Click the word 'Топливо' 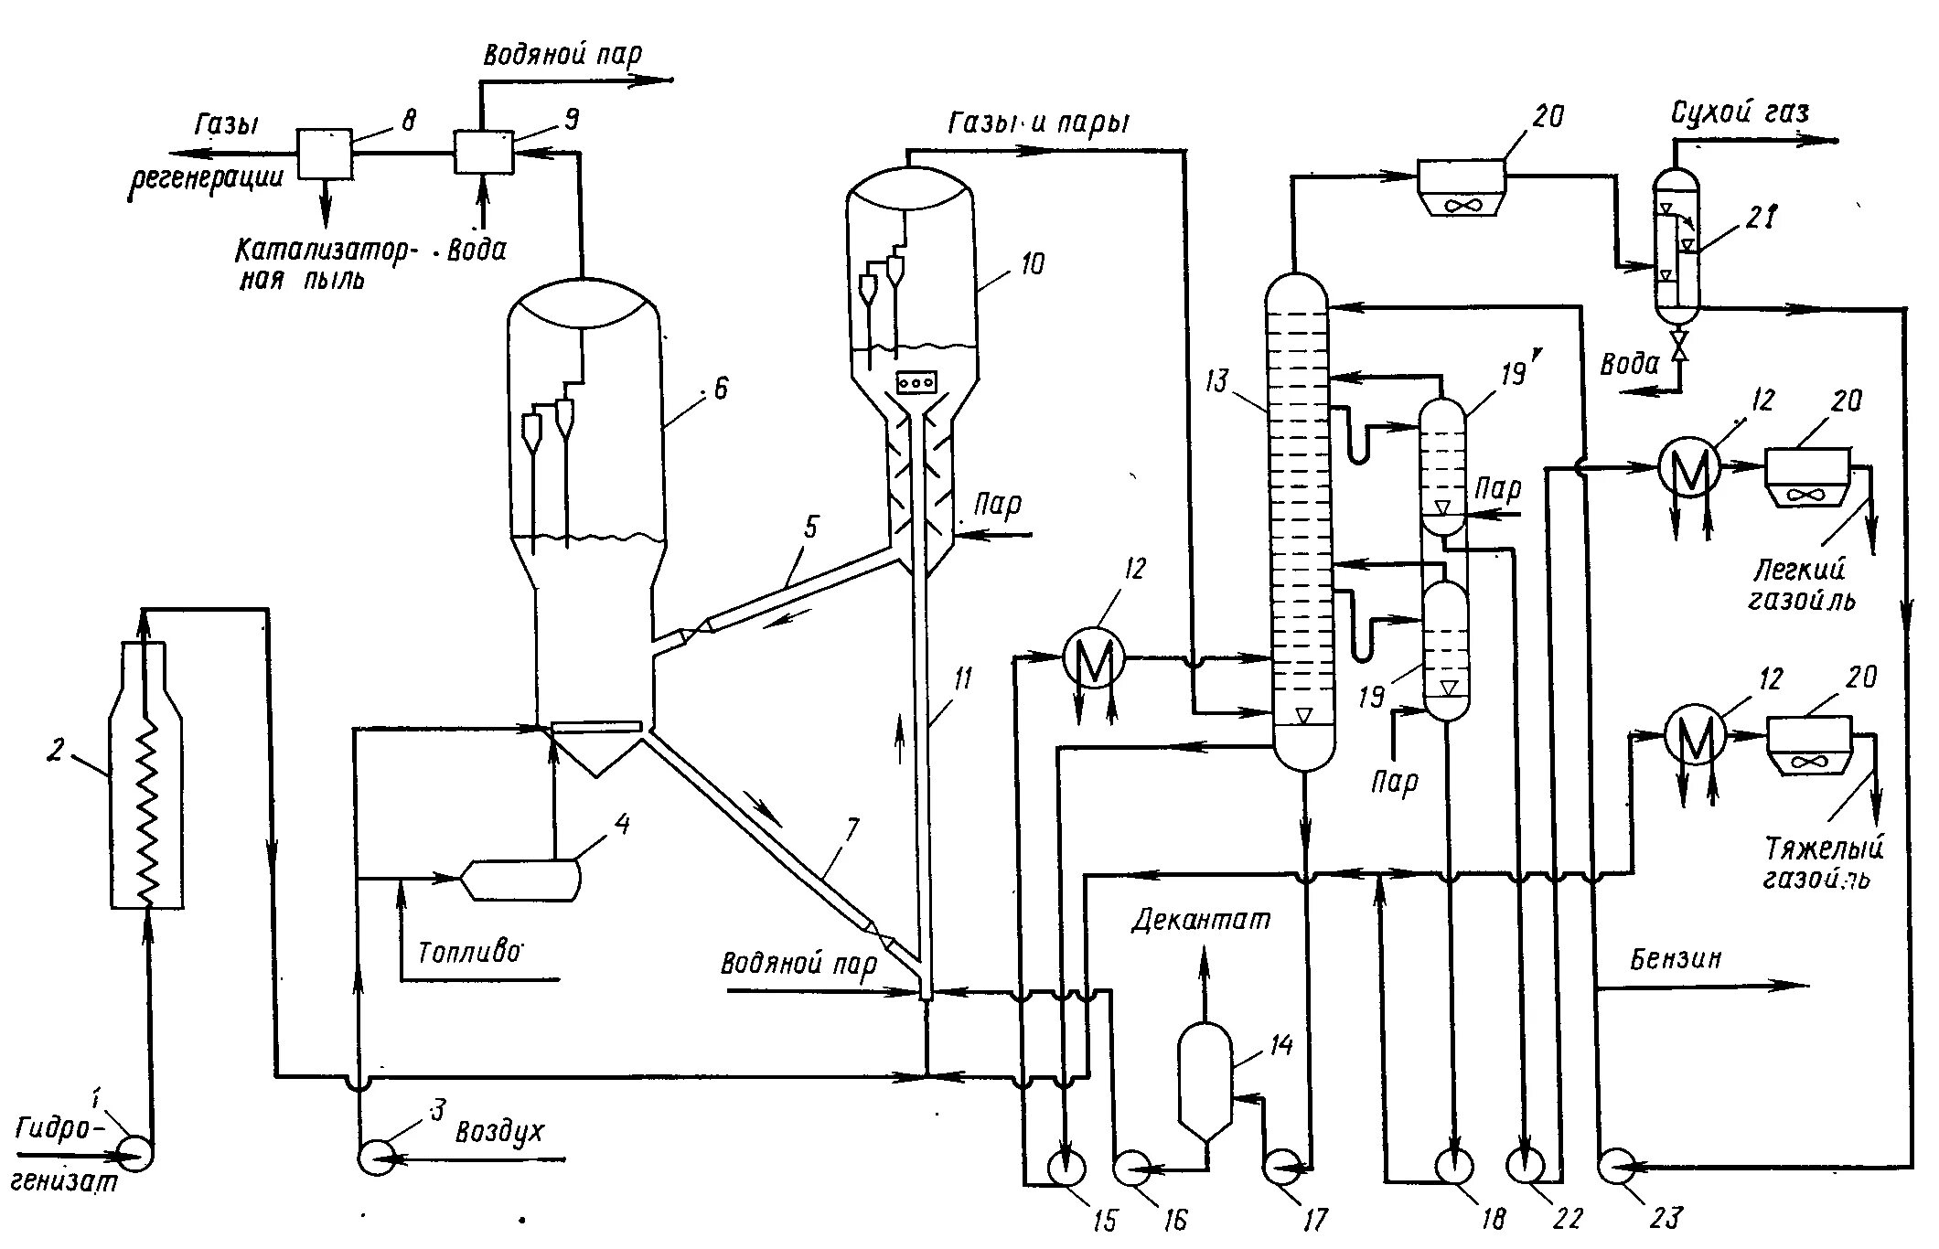coord(468,953)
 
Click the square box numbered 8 coord(325,153)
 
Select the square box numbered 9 coord(484,151)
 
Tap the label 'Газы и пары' coord(1038,123)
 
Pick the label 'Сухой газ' coord(1740,113)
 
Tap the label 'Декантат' coord(1201,919)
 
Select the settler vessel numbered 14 coord(1204,1084)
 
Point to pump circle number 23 coord(1617,1166)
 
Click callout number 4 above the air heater coord(622,826)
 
